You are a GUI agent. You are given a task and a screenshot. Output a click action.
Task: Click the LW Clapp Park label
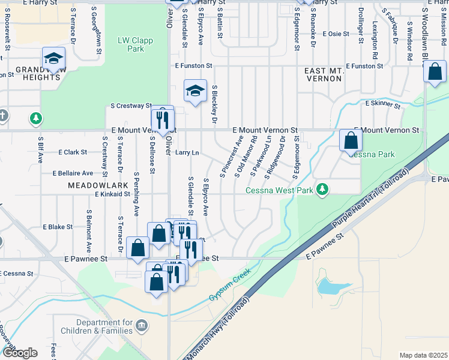click(136, 44)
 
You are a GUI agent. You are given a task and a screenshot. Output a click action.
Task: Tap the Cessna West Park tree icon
click(323, 190)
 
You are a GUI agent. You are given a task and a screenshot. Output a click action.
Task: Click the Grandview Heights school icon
click(53, 59)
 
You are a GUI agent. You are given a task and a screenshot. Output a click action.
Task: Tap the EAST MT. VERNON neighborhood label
click(324, 75)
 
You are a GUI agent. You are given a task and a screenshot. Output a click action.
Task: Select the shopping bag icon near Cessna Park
click(351, 141)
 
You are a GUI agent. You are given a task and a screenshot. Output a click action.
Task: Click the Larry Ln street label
click(187, 153)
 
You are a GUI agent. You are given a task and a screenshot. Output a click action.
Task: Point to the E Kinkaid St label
click(112, 194)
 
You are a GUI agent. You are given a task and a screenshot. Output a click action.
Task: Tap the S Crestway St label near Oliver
click(131, 106)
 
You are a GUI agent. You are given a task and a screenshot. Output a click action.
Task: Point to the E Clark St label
click(73, 152)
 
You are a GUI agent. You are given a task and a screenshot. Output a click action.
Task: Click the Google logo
click(20, 353)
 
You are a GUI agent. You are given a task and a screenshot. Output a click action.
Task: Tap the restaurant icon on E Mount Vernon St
click(162, 117)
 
